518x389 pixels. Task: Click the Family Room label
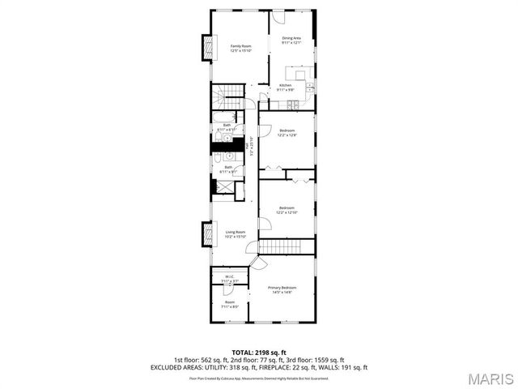tap(240, 46)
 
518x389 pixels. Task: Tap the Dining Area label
tap(291, 38)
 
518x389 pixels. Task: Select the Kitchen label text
tap(285, 86)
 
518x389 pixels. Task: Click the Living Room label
tap(235, 232)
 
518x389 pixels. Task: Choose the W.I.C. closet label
tap(230, 277)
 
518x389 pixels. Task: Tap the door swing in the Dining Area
tap(279, 17)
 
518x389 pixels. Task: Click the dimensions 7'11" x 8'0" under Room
tap(230, 307)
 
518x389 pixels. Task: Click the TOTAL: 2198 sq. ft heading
tap(259, 352)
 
